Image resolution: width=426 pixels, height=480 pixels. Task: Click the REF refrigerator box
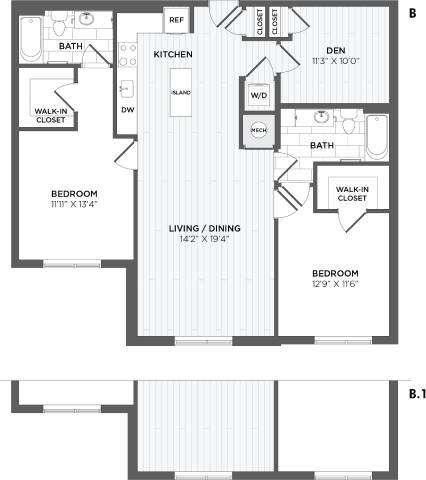pos(176,19)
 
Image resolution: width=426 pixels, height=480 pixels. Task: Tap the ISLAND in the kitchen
pos(181,92)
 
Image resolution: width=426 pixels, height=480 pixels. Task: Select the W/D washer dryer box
pos(258,95)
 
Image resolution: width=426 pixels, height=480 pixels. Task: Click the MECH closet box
pos(258,131)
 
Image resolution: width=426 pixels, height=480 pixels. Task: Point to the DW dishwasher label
pos(127,110)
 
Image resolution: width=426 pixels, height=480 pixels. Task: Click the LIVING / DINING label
pos(204,228)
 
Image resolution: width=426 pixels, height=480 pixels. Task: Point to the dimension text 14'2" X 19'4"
pos(204,240)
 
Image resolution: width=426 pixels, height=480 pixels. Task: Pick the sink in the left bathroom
pos(88,20)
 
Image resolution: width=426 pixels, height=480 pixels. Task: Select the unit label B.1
pos(417,394)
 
